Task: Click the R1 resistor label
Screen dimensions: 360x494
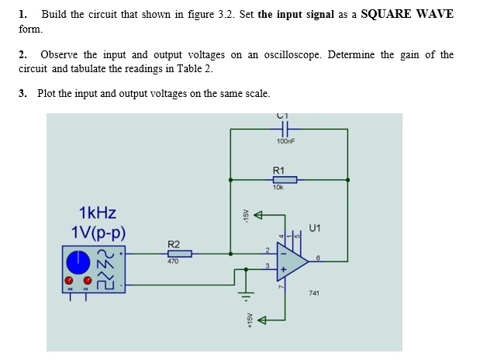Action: click(279, 170)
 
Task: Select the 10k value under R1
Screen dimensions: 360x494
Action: click(278, 187)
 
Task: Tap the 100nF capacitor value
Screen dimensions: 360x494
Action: click(286, 143)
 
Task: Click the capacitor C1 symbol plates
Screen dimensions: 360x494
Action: click(286, 128)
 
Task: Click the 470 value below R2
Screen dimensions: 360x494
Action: click(173, 261)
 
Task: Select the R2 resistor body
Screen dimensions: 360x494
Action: click(179, 253)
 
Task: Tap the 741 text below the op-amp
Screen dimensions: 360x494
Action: click(313, 293)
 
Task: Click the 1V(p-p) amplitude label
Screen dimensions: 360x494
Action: click(98, 232)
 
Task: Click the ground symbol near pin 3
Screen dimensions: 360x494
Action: click(247, 294)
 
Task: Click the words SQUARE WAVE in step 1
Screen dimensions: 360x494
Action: click(408, 14)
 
